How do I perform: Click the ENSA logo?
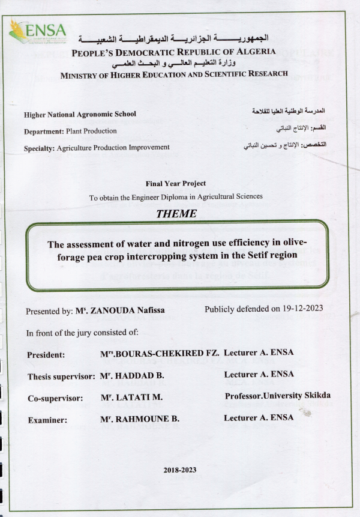click(x=38, y=31)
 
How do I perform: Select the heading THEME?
click(x=176, y=213)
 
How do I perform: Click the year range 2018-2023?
click(x=179, y=470)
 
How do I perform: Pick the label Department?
click(x=44, y=131)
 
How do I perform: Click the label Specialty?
click(x=39, y=147)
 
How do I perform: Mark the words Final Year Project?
click(x=176, y=184)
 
